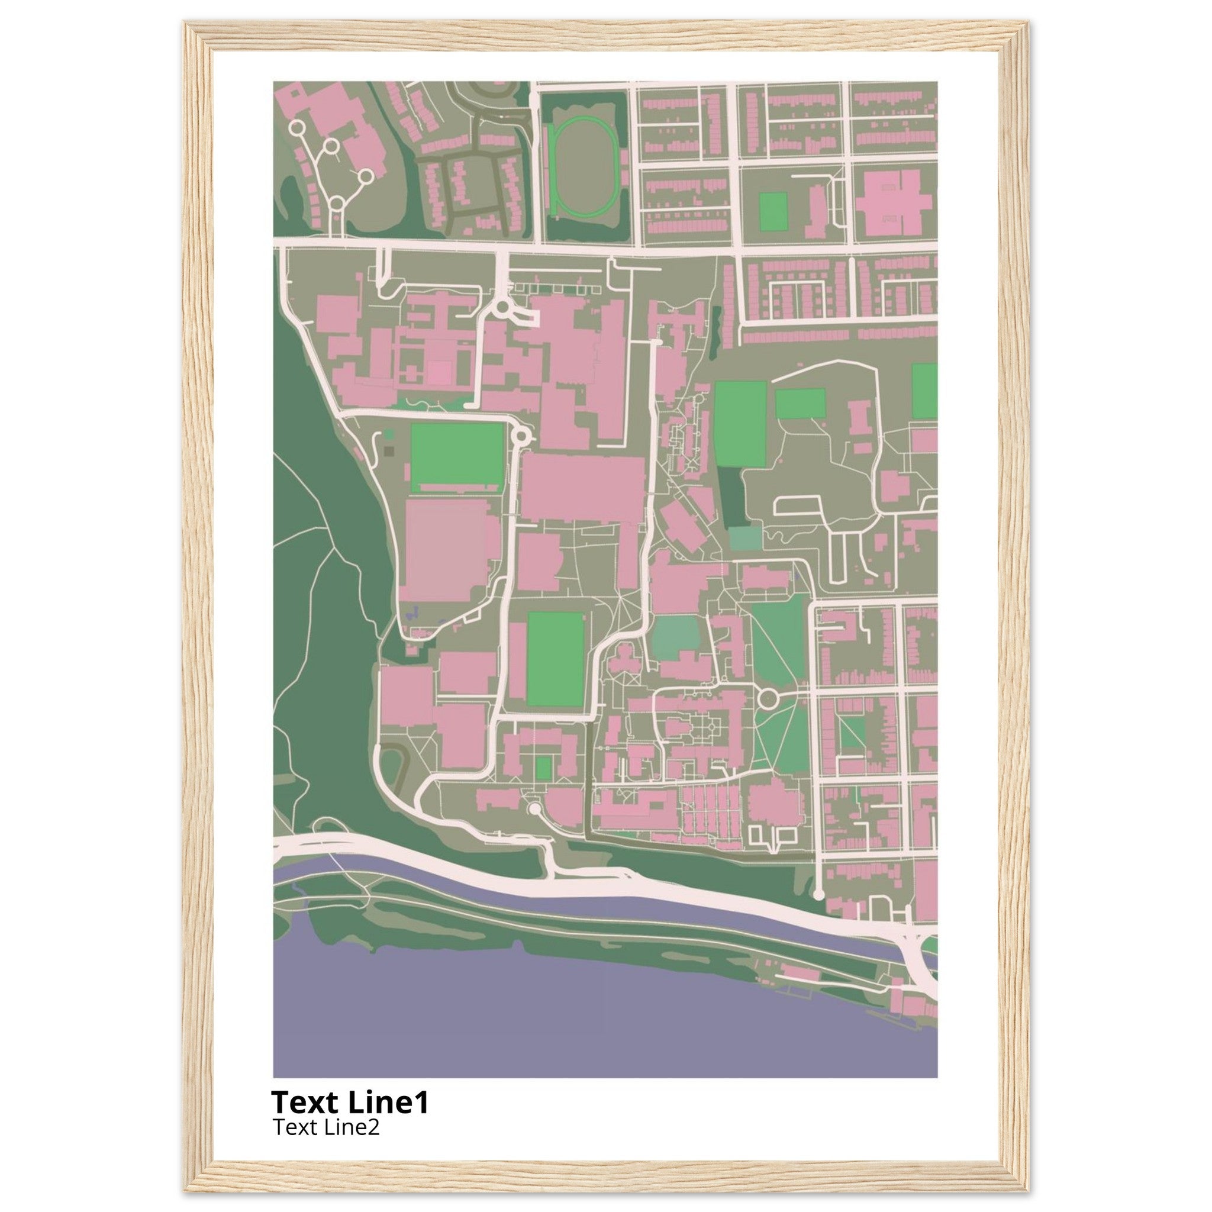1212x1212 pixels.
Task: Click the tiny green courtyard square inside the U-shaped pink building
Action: (x=544, y=768)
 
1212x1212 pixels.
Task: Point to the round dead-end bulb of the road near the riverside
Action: (x=818, y=894)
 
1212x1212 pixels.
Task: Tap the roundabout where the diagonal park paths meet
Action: (x=767, y=698)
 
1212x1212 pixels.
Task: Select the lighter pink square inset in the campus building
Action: (x=440, y=373)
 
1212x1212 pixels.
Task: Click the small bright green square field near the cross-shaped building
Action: (x=773, y=211)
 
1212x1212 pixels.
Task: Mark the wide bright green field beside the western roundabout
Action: (x=457, y=456)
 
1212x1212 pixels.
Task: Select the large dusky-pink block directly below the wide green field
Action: (x=447, y=550)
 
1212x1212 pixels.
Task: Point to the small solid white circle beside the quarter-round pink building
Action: (x=534, y=810)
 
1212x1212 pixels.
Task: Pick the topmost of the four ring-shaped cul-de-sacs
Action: (x=297, y=127)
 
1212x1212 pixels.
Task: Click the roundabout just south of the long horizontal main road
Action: (x=502, y=307)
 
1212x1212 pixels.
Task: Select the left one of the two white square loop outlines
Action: (x=756, y=834)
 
